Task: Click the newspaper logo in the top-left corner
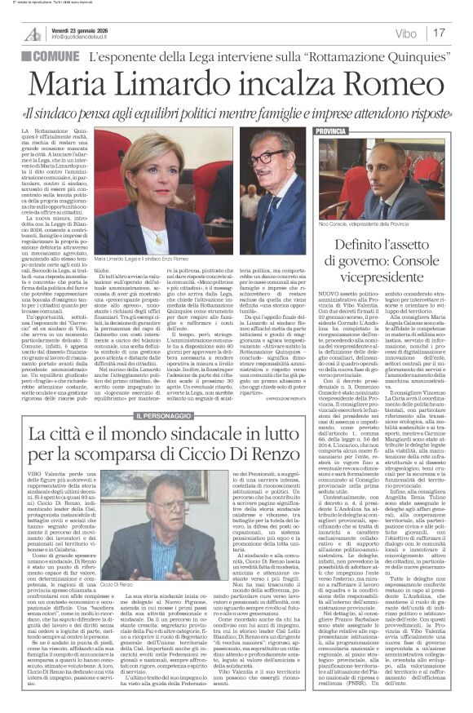(33, 33)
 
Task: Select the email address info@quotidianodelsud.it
(91, 36)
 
